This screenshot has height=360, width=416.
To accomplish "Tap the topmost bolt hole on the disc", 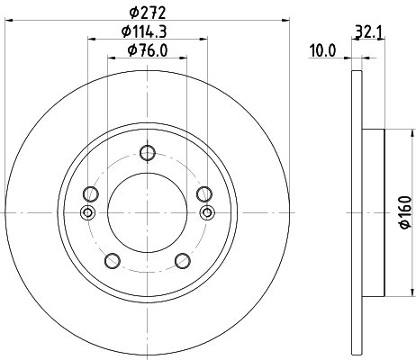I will pyautogui.click(x=147, y=153).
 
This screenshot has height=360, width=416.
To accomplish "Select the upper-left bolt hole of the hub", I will pyautogui.click(x=90, y=193).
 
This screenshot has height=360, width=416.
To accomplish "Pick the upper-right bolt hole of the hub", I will pyautogui.click(x=203, y=193).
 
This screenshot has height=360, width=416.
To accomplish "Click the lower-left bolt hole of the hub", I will pyautogui.click(x=112, y=261).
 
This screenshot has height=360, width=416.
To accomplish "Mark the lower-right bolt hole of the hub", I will pyautogui.click(x=182, y=261).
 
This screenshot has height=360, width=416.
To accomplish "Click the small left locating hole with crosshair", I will pyautogui.click(x=86, y=212).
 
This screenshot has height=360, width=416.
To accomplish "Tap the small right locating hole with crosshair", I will pyautogui.click(x=207, y=212).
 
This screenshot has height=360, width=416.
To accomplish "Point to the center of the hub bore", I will pyautogui.click(x=147, y=212).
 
